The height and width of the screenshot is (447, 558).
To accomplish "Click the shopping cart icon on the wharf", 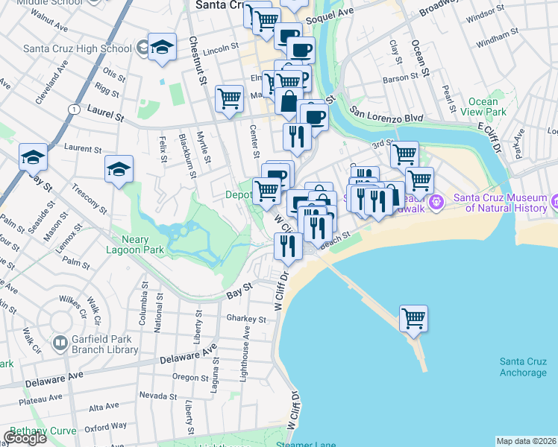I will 413,319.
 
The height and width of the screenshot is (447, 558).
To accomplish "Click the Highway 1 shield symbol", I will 73,109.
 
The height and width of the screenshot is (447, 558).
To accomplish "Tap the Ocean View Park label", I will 488,107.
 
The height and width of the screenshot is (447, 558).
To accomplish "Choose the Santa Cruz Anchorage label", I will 527,367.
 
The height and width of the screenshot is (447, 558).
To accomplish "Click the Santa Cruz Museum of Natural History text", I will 504,203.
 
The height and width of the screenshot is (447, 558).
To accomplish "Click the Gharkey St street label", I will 247,319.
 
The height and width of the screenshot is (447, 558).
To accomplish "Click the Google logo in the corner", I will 25,438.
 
